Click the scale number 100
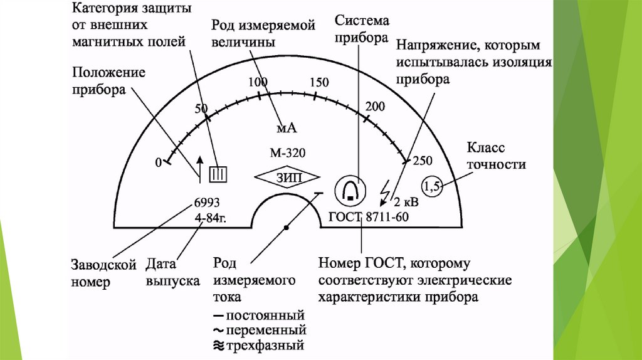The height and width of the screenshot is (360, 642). [x=257, y=82]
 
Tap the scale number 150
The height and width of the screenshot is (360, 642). [x=319, y=82]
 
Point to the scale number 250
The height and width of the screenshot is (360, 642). [x=423, y=161]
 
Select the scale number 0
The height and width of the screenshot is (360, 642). [x=158, y=162]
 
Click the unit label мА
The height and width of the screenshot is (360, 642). [x=286, y=128]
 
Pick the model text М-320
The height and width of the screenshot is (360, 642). [x=288, y=153]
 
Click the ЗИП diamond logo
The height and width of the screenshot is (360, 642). [x=288, y=177]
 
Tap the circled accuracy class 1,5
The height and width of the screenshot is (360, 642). [x=433, y=186]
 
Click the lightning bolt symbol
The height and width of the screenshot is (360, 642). [x=386, y=188]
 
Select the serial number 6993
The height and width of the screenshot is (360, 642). [x=207, y=203]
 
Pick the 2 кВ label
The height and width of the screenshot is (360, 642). [x=406, y=203]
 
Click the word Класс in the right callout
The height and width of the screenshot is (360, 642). [x=486, y=148]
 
